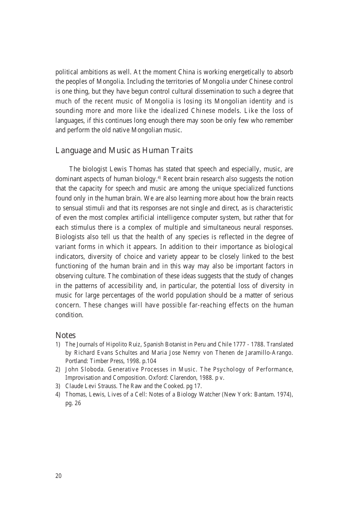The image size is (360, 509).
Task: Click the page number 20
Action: pos(58,476)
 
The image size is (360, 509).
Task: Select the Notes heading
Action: pos(66,335)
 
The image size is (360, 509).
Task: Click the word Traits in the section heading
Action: pos(182,150)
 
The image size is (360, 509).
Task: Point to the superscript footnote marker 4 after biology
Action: pos(160,178)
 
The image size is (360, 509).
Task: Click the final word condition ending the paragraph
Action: pos(69,315)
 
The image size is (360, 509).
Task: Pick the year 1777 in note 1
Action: pos(241,345)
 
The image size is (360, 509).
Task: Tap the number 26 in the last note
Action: pos(78,403)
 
